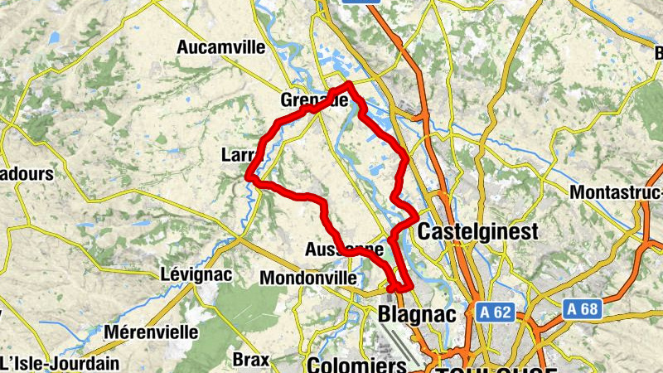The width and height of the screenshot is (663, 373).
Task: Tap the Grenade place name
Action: [x=313, y=99]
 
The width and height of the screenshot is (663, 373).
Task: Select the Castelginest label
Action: [x=479, y=231]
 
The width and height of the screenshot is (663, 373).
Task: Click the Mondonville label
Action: [x=308, y=279]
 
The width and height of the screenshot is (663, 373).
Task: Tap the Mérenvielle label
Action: [x=152, y=332]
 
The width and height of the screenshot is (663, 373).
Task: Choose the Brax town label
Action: [x=250, y=360]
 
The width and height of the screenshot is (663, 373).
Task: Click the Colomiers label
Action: [x=357, y=365]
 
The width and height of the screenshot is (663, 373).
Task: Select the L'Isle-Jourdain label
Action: [x=60, y=363]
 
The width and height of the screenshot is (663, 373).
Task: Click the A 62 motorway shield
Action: [x=496, y=312]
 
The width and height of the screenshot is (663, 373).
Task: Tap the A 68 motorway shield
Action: [x=582, y=308]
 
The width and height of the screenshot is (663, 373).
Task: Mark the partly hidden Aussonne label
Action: [x=345, y=249]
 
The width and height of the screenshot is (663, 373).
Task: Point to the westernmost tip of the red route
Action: [x=249, y=176]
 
